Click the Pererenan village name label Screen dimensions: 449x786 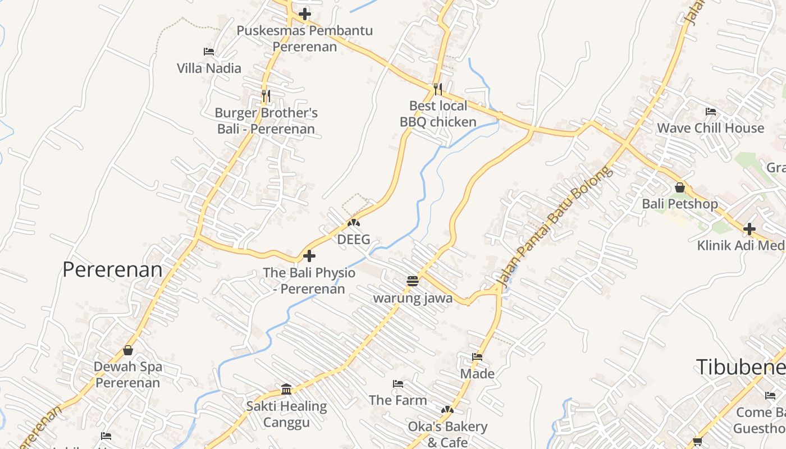[x=112, y=269]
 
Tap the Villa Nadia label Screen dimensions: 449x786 [x=209, y=68]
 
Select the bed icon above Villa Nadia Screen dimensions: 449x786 [x=209, y=52]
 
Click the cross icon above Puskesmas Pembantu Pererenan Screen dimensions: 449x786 [x=305, y=13]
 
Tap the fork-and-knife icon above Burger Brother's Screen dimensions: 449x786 [x=266, y=96]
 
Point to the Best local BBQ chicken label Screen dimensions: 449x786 [x=438, y=114]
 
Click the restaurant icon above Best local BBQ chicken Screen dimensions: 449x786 [x=438, y=89]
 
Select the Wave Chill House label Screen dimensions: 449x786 [x=710, y=128]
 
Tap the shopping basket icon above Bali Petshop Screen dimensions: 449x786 [x=680, y=187]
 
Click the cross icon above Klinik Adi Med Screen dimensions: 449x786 [x=749, y=229]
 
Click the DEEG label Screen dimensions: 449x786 [x=354, y=240]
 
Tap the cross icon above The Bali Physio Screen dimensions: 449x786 [x=309, y=256]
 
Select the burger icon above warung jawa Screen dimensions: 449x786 [x=413, y=281]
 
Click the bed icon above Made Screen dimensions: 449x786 [x=477, y=356]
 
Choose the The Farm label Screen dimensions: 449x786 [x=398, y=400]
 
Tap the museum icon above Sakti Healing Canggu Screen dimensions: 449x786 [x=286, y=389]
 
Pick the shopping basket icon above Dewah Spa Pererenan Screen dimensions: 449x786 [x=128, y=350]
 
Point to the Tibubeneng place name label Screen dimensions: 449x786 [x=741, y=366]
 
